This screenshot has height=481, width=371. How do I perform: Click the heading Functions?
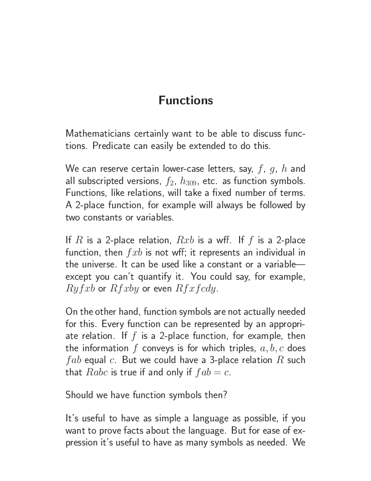click(x=185, y=100)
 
